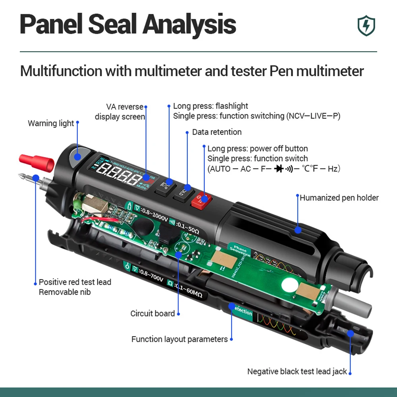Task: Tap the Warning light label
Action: pos(51,123)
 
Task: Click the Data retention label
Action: pos(217,132)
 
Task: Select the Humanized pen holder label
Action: pos(339,198)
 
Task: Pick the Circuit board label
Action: pos(152,314)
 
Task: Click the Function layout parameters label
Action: pos(179,339)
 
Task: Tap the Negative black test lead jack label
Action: pos(297,372)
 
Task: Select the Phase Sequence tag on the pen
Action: pos(240,251)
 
